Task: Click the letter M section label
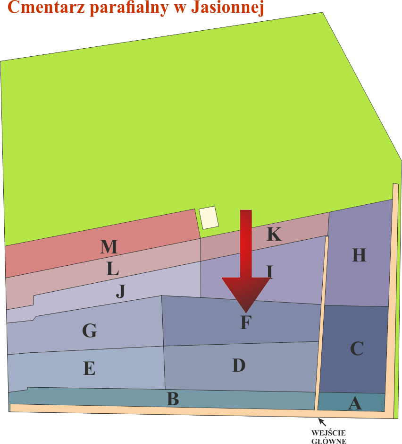[x=109, y=247]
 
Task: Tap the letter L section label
[x=112, y=269]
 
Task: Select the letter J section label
[x=121, y=292]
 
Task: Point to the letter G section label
[x=90, y=331]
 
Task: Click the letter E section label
[x=89, y=368]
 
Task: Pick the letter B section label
[x=173, y=399]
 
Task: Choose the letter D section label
[x=239, y=365]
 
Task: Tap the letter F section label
[x=245, y=323]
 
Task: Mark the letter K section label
[x=274, y=234]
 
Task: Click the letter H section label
[x=359, y=255]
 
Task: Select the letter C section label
[x=357, y=348]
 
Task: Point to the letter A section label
[x=355, y=403]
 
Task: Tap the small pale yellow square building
[x=209, y=218]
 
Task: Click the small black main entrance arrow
[x=322, y=421]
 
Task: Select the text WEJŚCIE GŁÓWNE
[x=329, y=437]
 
